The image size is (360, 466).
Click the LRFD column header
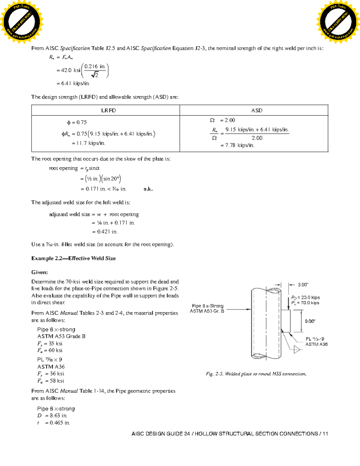coord(108,110)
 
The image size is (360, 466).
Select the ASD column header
coord(256,110)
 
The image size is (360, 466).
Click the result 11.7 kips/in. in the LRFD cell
coord(88,143)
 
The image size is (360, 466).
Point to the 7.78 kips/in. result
coord(237,146)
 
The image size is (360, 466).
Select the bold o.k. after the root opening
coord(148,189)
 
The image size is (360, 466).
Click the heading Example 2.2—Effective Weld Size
coord(73,258)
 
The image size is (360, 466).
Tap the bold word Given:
coord(40,272)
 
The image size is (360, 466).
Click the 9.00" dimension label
coord(310,321)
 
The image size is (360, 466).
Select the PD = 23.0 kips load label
coord(305,297)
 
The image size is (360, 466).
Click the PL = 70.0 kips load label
coord(305,303)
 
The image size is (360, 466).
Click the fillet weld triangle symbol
coord(296,350)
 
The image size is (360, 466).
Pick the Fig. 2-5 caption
coord(256,374)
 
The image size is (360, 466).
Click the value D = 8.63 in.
coord(52,416)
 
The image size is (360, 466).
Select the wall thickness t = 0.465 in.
coord(54,423)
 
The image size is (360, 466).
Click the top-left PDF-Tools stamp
coord(22,22)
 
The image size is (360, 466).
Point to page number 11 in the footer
coord(325,434)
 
